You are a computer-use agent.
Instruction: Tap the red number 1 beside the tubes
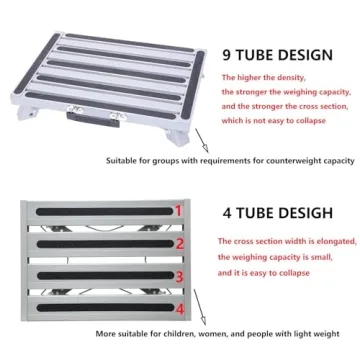click(x=178, y=211)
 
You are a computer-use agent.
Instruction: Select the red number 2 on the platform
click(x=178, y=243)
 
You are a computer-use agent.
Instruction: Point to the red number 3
click(x=179, y=277)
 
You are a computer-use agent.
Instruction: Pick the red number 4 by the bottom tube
click(x=179, y=307)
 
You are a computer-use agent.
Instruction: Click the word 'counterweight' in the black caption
click(x=277, y=160)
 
